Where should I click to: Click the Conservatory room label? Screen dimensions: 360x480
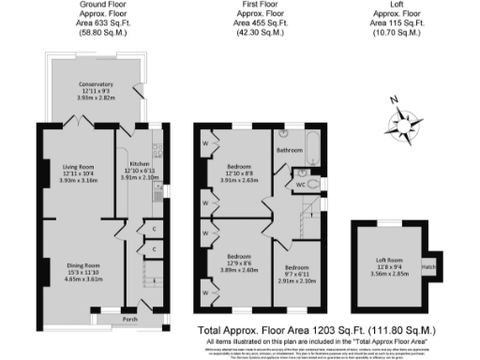pos(96,84)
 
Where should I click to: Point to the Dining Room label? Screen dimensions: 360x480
pos(82,266)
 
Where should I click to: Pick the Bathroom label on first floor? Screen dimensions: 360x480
pos(290,149)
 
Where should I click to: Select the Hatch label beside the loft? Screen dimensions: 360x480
pos(428,265)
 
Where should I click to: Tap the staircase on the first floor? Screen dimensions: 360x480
pos(305,222)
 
